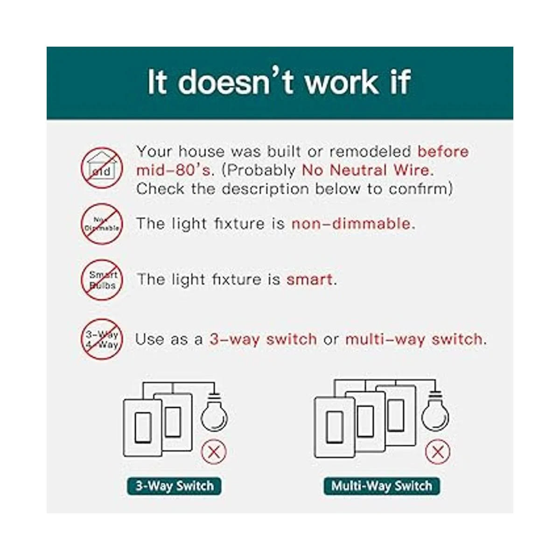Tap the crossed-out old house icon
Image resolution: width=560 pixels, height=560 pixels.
coord(102,168)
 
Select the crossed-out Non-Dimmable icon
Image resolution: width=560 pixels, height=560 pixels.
coord(102,224)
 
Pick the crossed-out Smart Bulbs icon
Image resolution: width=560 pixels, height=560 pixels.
coord(102,280)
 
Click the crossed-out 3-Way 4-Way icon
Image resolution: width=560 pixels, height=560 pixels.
coord(102,339)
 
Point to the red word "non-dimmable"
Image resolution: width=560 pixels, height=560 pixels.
coord(353,224)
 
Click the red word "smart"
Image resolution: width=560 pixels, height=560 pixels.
coord(309,280)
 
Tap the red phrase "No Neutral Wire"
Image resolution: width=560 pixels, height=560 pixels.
coord(365,170)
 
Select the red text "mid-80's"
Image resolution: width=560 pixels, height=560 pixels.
coord(173,170)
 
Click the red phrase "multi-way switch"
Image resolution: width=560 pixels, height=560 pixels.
coord(414,339)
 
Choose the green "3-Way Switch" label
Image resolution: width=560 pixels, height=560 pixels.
coord(175,486)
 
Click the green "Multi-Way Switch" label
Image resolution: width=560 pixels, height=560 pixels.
coord(382,486)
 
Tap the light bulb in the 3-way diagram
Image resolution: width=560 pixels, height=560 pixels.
coord(214,412)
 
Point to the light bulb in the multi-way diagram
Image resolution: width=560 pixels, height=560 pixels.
coord(435,411)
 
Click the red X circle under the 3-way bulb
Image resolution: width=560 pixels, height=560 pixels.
coord(214,452)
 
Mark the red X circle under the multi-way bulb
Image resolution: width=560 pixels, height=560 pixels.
coord(438,452)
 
